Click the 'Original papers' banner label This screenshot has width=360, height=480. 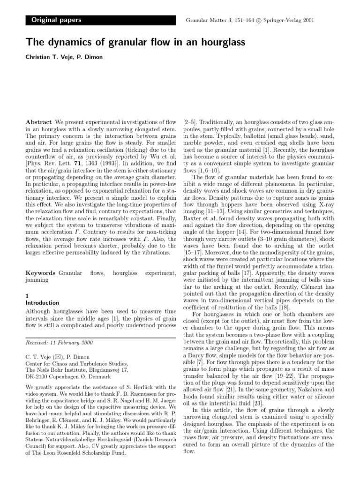(56, 20)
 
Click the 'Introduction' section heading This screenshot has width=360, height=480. (42, 303)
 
